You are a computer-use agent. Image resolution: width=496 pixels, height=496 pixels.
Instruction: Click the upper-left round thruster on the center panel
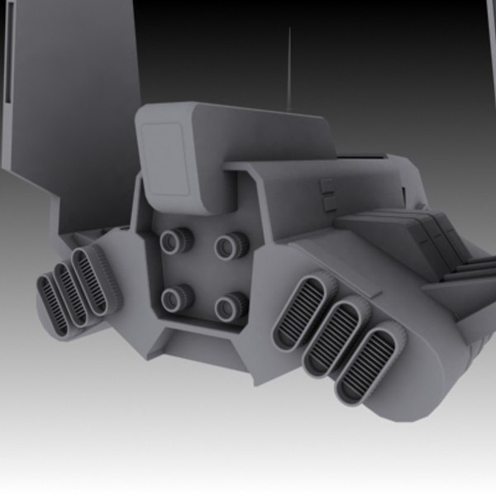175,241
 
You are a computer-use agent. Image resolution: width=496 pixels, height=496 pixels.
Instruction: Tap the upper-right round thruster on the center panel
231,245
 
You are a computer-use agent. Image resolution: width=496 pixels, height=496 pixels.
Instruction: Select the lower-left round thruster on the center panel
176,298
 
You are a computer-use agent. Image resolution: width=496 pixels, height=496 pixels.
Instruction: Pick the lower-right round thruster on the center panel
231,307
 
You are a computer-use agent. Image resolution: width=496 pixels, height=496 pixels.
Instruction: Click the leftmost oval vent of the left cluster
52,306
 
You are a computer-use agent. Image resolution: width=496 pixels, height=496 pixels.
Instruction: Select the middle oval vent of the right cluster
331,336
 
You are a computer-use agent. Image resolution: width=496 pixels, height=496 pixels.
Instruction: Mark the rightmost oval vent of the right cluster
364,364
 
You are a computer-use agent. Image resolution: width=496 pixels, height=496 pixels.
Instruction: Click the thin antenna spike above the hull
289,66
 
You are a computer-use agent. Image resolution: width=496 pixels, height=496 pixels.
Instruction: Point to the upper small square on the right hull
327,184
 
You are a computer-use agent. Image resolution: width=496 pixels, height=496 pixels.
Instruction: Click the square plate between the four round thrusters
203,273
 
